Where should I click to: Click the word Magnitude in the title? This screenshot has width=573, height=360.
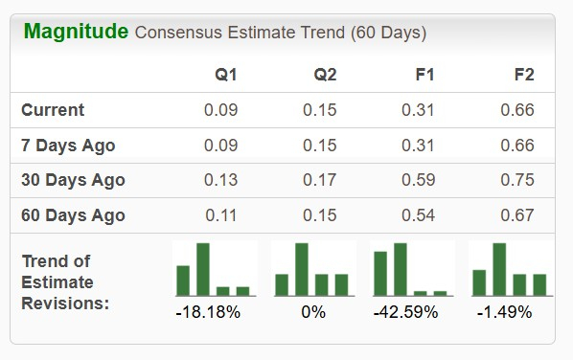76,32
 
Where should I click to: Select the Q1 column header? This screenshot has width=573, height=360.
226,74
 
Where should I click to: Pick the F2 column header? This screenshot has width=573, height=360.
523,74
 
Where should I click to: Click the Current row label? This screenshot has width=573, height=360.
53,110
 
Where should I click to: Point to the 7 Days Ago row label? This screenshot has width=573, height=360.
68,146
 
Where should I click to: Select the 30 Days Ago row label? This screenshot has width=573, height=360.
73,180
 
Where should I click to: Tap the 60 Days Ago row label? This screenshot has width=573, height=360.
73,214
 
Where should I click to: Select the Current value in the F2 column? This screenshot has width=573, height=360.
517,110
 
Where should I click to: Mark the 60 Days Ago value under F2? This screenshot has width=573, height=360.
517,214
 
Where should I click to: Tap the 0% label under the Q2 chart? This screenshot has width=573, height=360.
312,312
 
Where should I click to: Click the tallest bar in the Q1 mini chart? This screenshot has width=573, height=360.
203,269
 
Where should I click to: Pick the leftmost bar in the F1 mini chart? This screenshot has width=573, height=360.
379,273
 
